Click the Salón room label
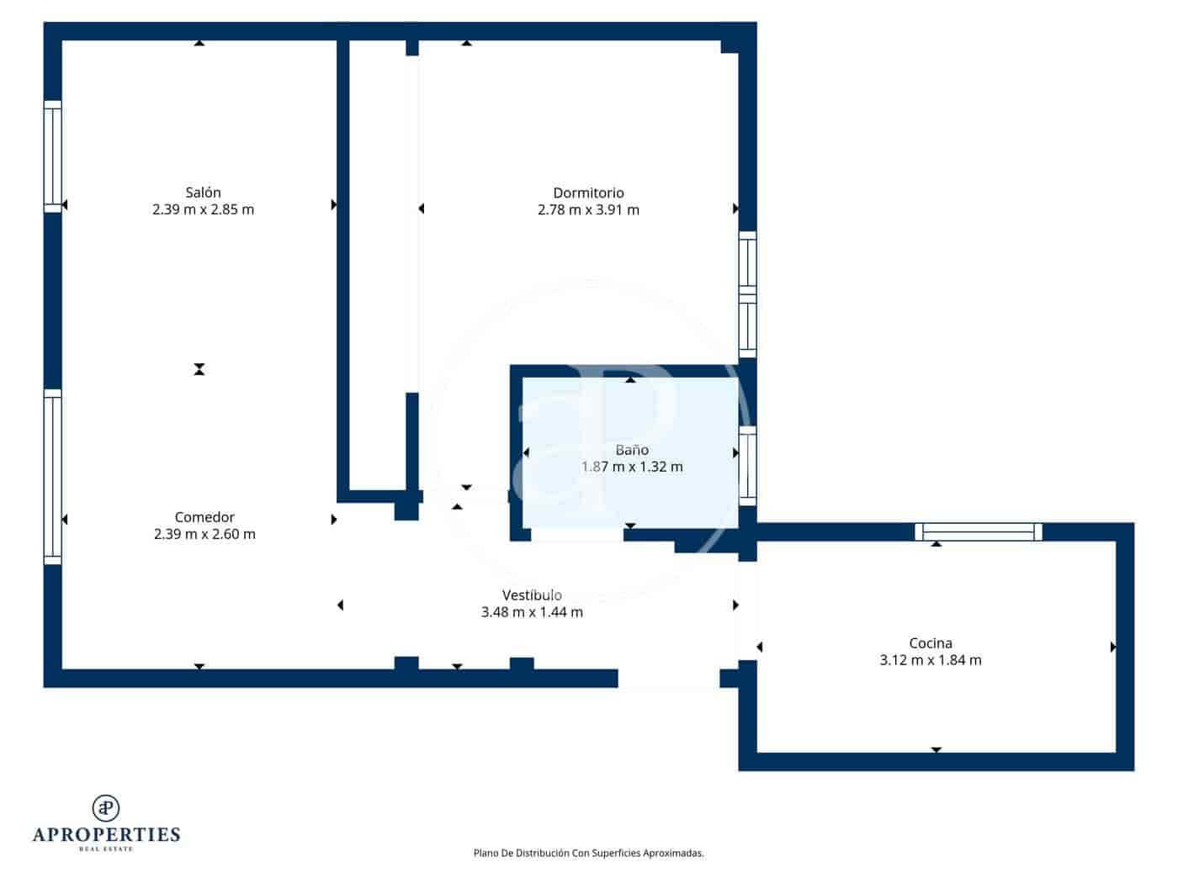tap(203, 193)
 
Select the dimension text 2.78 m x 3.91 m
tap(588, 210)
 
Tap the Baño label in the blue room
tap(631, 450)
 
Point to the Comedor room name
tap(204, 517)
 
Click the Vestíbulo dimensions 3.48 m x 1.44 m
tap(532, 612)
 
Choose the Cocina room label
tap(930, 643)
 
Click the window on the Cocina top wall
tap(978, 531)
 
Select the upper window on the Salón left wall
tap(52, 156)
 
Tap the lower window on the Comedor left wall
tap(52, 477)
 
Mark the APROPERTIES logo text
tap(106, 834)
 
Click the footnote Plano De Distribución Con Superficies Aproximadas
tap(588, 853)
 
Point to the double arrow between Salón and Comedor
tap(199, 369)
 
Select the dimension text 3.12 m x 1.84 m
tap(930, 660)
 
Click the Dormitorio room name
tap(588, 193)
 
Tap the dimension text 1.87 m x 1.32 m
tap(632, 467)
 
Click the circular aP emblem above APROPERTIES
tap(106, 808)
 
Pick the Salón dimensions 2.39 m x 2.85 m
tap(203, 209)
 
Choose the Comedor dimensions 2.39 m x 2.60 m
tap(204, 534)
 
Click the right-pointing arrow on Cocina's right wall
tap(1112, 647)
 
